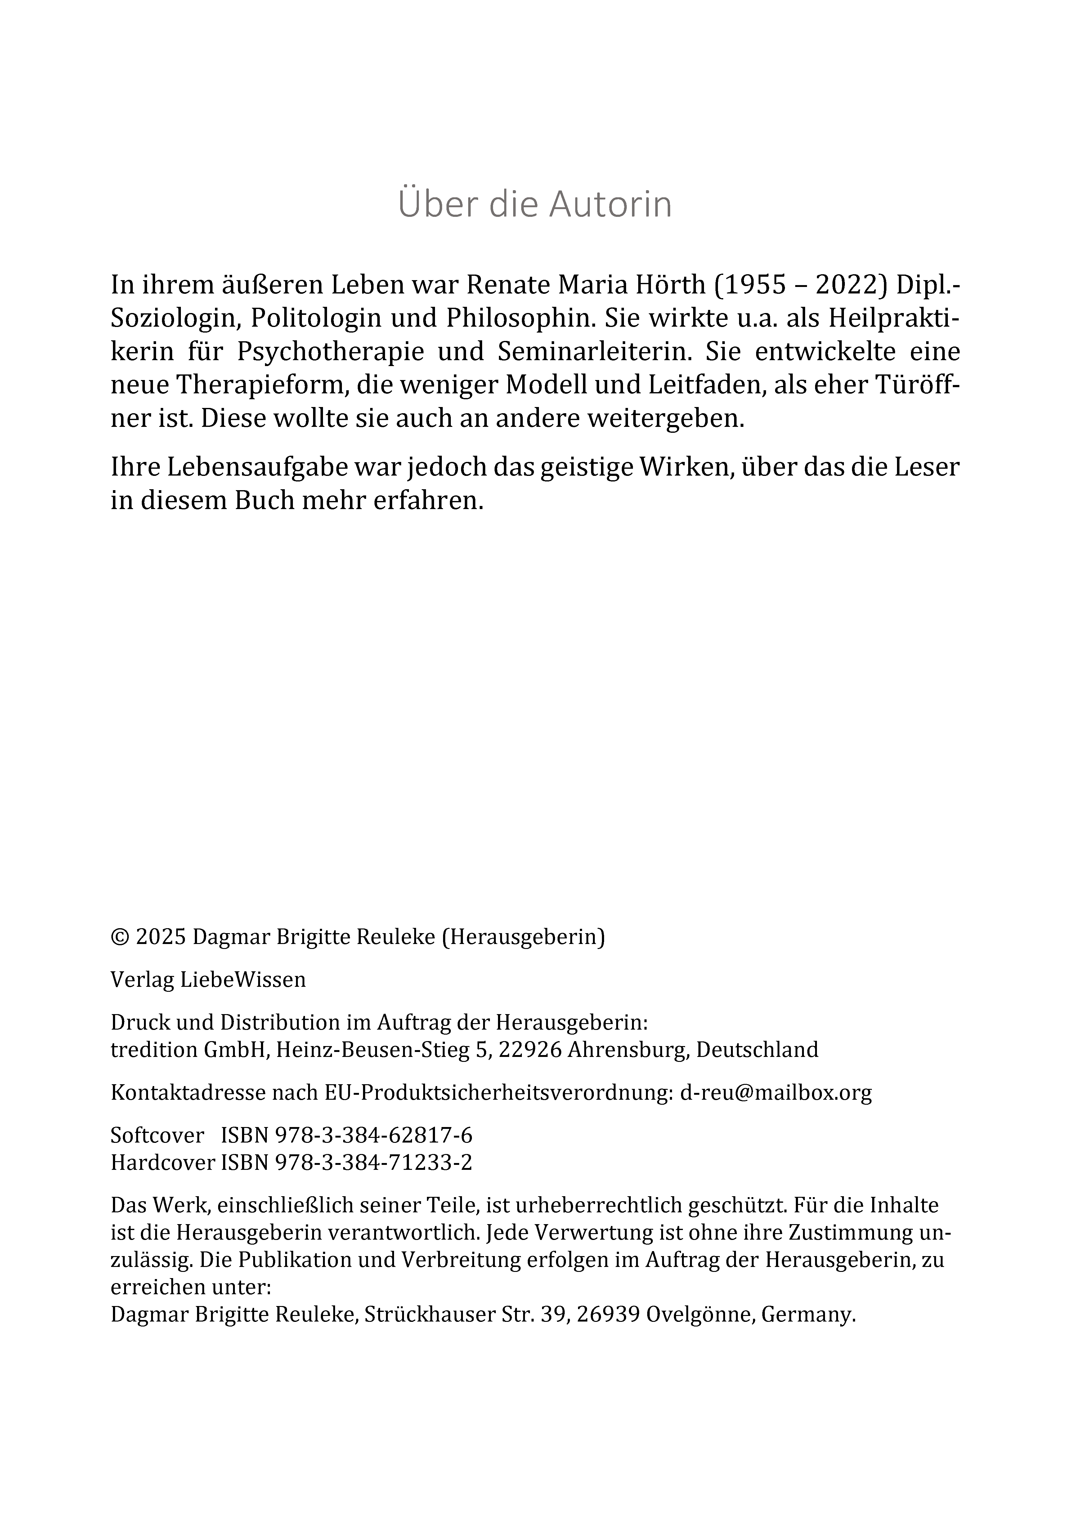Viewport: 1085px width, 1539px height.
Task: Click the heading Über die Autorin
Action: tap(535, 204)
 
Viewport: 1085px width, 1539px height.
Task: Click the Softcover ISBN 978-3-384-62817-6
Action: tap(374, 1135)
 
